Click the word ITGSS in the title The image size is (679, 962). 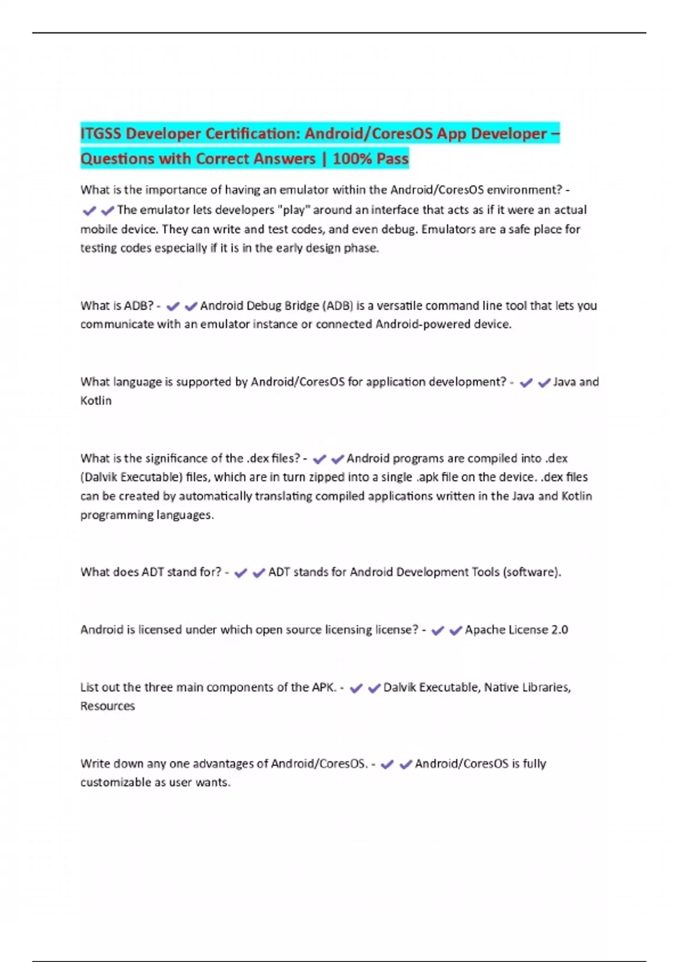click(x=101, y=134)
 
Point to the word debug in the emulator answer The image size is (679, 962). click(x=401, y=229)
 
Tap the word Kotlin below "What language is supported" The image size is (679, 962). click(x=96, y=401)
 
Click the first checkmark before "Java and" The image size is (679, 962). click(x=526, y=383)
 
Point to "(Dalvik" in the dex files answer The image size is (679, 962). click(x=99, y=477)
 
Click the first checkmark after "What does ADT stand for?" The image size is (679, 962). click(x=240, y=573)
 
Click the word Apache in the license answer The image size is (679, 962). click(x=484, y=630)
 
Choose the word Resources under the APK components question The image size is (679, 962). click(x=108, y=706)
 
